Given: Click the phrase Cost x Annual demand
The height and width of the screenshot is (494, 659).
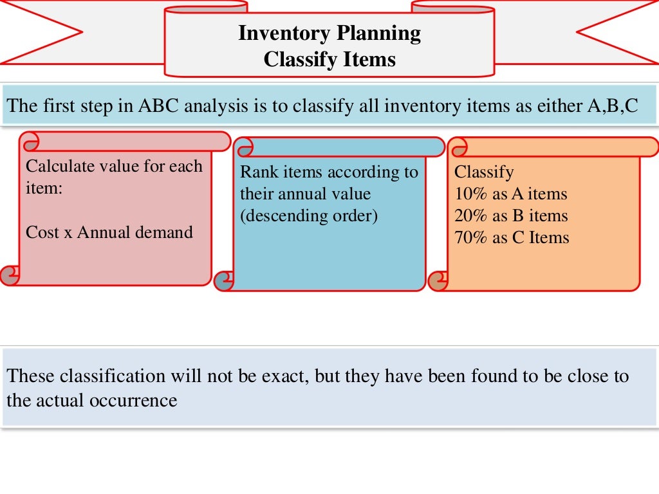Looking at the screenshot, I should pyautogui.click(x=109, y=232).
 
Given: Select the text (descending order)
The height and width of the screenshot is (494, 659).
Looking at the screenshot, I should pyautogui.click(x=309, y=215).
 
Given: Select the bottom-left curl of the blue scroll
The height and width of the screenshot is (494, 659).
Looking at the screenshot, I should pyautogui.click(x=224, y=280).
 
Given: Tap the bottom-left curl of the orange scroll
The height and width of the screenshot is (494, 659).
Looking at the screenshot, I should pyautogui.click(x=438, y=280).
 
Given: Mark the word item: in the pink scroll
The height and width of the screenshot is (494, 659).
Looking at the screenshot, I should pyautogui.click(x=43, y=188).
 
